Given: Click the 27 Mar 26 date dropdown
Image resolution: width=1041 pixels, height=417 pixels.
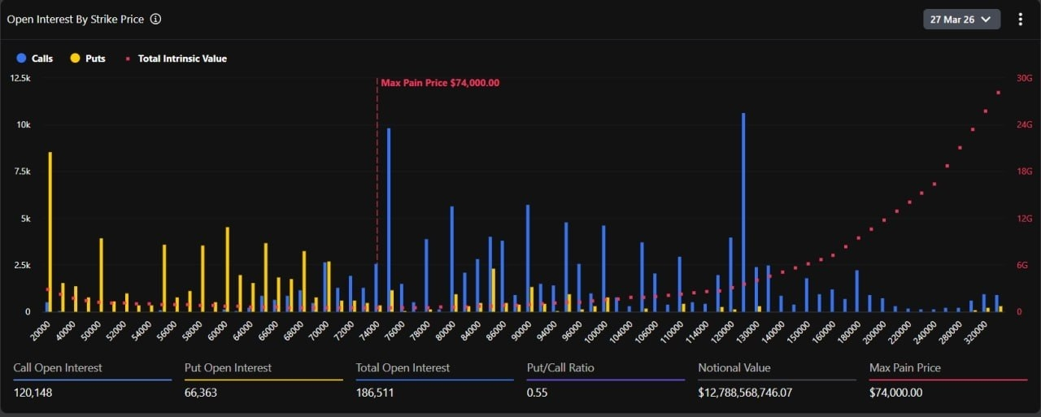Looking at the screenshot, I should (961, 19).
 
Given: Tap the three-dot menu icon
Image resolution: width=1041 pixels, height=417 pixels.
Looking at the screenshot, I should (1021, 19).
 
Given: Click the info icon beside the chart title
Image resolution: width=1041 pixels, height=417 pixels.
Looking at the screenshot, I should (155, 19).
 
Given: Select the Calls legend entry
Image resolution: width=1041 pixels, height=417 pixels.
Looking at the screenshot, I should (35, 59).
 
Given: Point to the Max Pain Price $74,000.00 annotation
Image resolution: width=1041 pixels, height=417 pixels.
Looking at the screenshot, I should (440, 83).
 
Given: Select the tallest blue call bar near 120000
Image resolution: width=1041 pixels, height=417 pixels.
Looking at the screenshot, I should (743, 211).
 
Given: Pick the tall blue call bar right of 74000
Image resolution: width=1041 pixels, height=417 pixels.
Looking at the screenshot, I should (389, 219).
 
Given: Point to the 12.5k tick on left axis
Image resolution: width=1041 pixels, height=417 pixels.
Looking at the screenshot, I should (20, 78).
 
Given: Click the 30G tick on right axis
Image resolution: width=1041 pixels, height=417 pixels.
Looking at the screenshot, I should (1024, 78).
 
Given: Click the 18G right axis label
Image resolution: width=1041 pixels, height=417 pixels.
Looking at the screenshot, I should (1024, 172).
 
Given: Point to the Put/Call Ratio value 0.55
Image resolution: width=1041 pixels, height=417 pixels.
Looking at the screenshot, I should (538, 393).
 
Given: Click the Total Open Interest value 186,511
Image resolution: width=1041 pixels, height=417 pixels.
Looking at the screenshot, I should (377, 393).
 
